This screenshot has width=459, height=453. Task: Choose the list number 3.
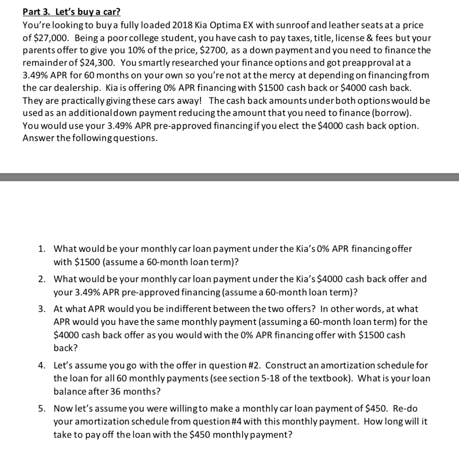click(x=41, y=309)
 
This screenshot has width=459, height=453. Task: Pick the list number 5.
click(x=41, y=409)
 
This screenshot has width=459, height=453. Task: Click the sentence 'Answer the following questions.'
click(x=90, y=137)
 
